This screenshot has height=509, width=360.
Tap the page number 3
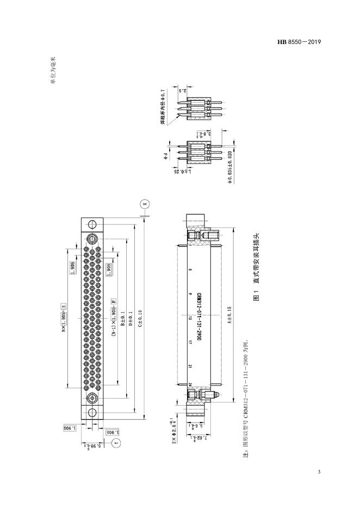(319, 471)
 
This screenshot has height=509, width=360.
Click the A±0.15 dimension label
(229, 316)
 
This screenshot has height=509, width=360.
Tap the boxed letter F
(114, 300)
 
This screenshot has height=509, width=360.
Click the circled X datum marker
(144, 204)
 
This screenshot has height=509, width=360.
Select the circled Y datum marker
(116, 444)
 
